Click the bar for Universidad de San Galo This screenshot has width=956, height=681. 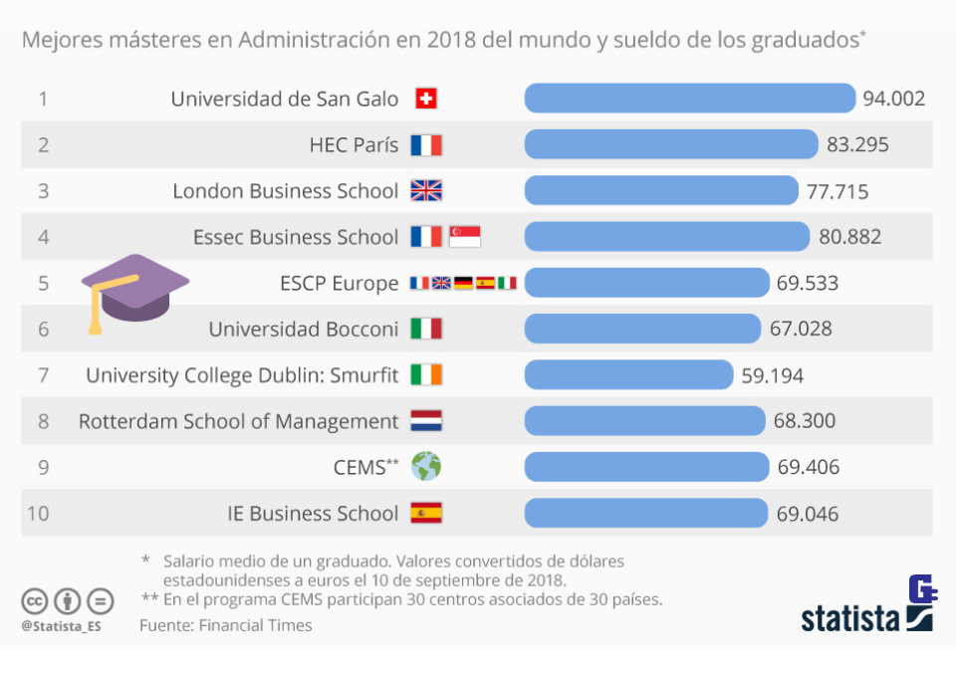(x=689, y=98)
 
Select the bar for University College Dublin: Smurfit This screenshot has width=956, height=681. (x=628, y=374)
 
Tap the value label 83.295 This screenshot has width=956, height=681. (x=857, y=144)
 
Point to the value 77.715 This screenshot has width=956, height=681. (x=837, y=191)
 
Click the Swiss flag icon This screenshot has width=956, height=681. (x=425, y=99)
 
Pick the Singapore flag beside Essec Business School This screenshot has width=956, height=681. (x=465, y=237)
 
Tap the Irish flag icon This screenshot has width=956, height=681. (x=426, y=375)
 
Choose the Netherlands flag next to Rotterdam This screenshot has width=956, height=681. (x=426, y=421)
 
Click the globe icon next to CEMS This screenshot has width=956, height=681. (x=426, y=466)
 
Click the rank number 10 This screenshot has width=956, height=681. (x=39, y=514)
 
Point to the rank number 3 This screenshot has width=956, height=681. (x=43, y=191)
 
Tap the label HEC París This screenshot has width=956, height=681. (x=354, y=145)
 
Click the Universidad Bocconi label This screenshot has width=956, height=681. (x=303, y=330)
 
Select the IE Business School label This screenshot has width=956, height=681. (x=313, y=514)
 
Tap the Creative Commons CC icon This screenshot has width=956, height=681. (x=35, y=601)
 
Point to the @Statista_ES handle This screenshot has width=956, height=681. (x=61, y=626)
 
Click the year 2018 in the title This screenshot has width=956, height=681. (x=450, y=41)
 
